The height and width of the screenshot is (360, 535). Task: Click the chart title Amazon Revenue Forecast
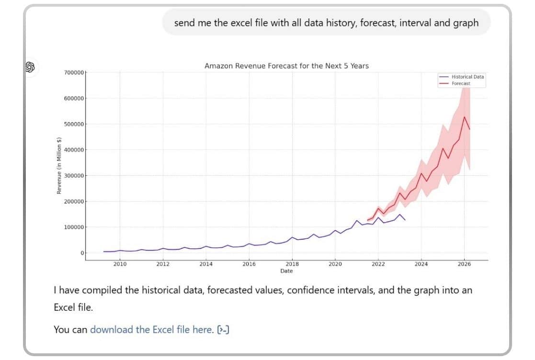click(286, 66)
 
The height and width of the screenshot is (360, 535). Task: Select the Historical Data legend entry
click(467, 77)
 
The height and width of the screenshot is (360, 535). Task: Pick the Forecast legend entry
click(460, 83)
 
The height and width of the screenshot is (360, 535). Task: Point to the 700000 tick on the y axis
click(74, 72)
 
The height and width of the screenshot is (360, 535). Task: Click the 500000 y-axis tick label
click(74, 124)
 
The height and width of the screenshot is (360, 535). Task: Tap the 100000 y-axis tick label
click(74, 227)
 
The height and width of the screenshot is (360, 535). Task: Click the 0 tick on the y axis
click(82, 253)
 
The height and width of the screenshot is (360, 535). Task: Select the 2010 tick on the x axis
click(120, 264)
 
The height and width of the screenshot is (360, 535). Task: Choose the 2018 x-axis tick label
click(292, 264)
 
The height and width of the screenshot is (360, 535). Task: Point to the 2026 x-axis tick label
click(464, 264)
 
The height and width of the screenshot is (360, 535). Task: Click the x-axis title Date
click(286, 271)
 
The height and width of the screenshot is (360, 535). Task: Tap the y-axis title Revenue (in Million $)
click(59, 166)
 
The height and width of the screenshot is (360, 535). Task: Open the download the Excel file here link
click(151, 329)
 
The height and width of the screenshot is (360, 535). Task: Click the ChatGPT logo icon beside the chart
click(30, 67)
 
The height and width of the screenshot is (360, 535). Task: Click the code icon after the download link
click(223, 329)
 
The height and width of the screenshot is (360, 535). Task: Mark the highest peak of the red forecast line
click(464, 116)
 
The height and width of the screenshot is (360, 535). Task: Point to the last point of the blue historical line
click(405, 220)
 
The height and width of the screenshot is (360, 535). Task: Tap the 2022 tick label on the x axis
click(378, 264)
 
